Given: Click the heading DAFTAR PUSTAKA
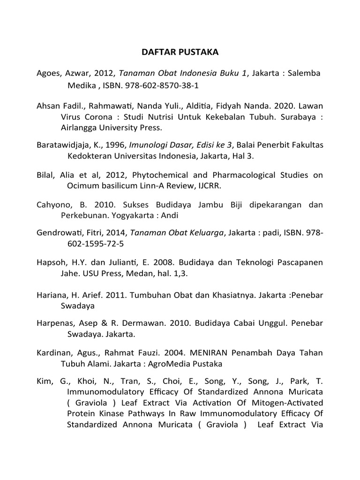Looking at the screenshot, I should click(x=180, y=52).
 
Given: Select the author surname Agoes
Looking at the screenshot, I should click(x=49, y=74).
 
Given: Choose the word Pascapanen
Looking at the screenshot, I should click(x=299, y=263).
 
